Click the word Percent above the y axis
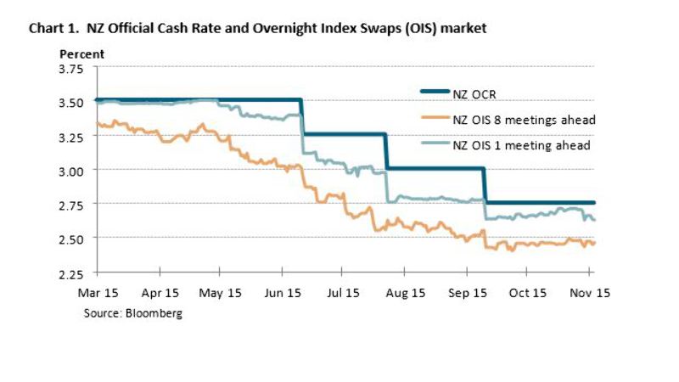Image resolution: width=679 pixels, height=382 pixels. click(81, 53)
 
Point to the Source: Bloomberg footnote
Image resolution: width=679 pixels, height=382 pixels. click(132, 313)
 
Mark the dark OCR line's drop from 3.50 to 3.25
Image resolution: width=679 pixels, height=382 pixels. click(302, 117)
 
